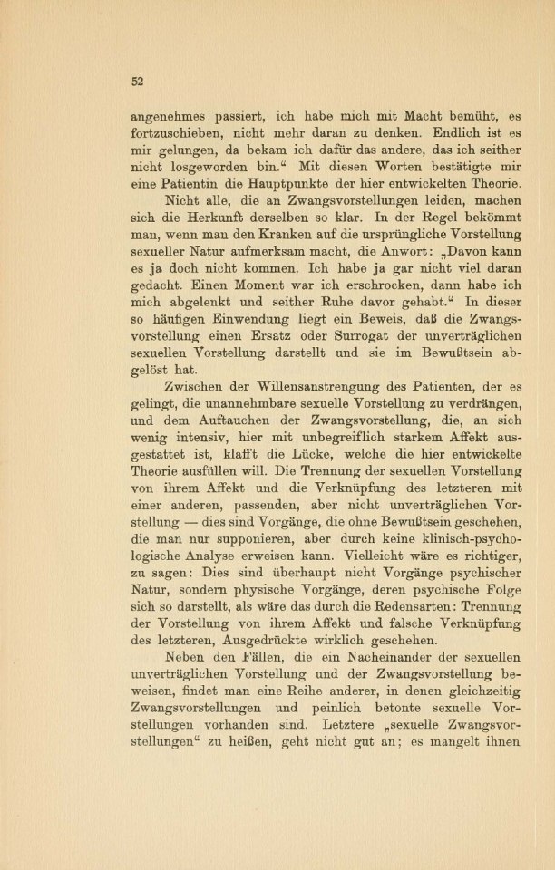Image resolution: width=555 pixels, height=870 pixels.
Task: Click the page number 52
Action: click(x=138, y=81)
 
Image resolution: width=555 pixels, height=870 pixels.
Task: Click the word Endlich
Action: click(x=429, y=135)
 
